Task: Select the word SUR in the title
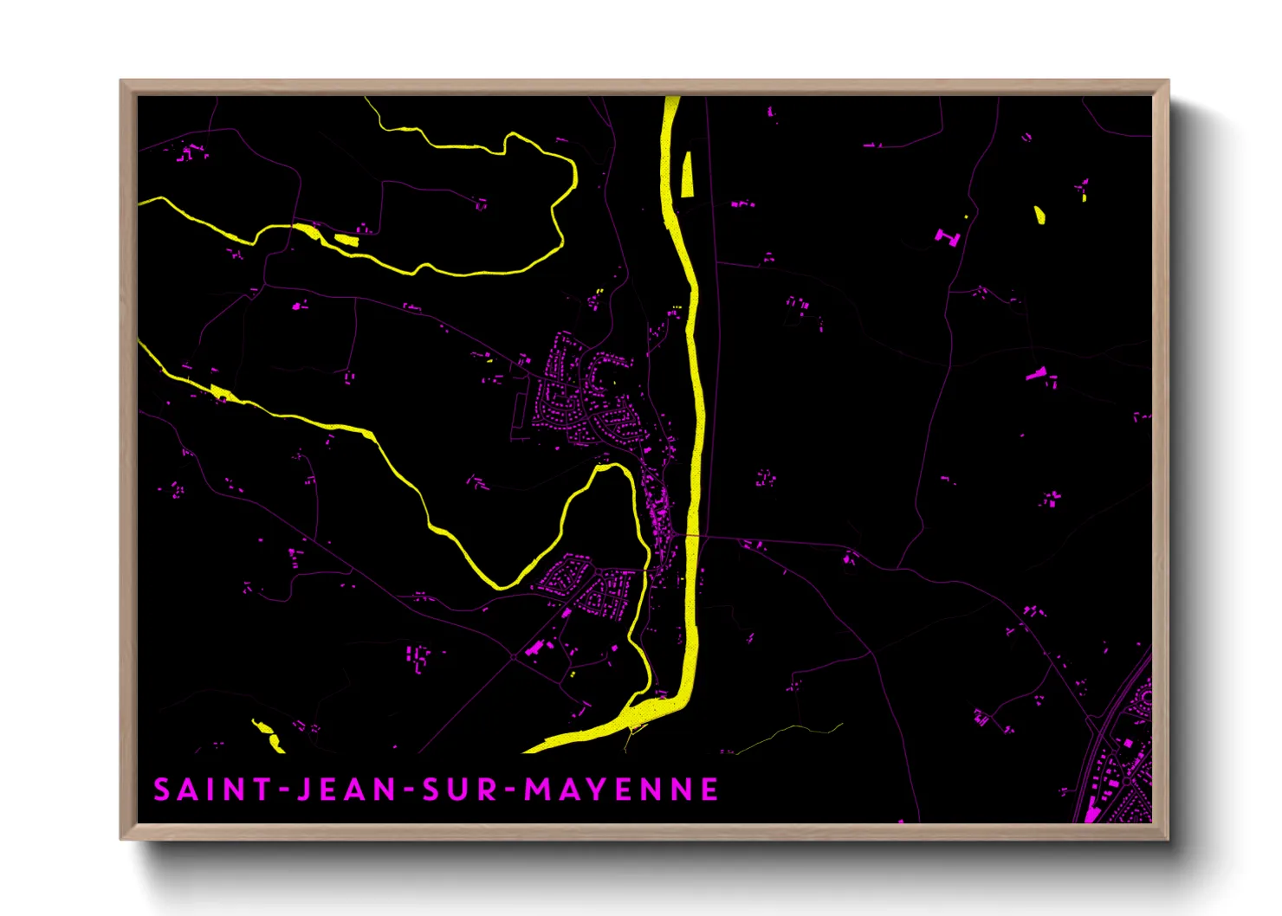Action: click(459, 790)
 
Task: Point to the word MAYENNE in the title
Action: click(622, 790)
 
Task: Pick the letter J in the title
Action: click(304, 790)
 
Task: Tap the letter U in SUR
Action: click(459, 790)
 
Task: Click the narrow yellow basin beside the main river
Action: click(688, 174)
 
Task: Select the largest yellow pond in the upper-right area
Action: click(1039, 214)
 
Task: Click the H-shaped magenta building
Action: click(947, 235)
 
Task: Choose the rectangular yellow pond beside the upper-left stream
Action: click(346, 240)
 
